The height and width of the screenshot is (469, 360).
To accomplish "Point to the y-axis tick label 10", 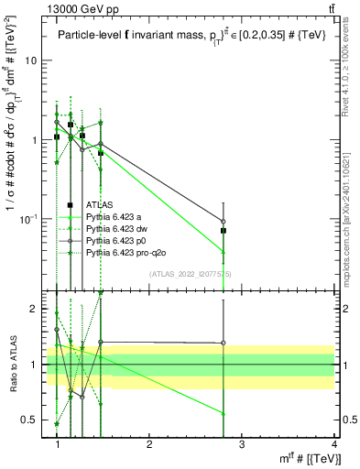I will coord(29,60).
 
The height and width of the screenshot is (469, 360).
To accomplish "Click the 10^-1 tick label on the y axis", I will coord(27,219).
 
